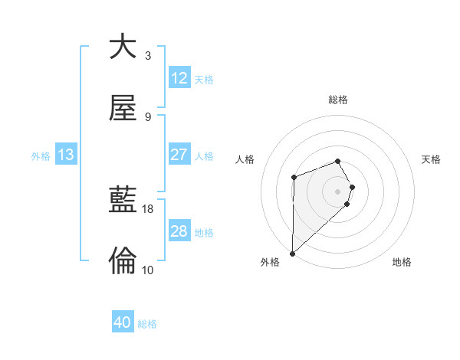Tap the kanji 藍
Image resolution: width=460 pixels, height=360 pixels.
(123, 200)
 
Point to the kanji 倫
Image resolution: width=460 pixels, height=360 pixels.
(123, 261)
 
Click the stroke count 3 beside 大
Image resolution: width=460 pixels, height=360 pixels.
(148, 56)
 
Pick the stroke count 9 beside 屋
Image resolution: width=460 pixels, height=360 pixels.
(148, 117)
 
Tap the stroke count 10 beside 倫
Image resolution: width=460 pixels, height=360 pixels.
(148, 270)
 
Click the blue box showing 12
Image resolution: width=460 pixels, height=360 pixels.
(179, 77)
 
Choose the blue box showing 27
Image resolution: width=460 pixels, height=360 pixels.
(179, 155)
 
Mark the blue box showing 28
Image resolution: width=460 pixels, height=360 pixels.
(179, 231)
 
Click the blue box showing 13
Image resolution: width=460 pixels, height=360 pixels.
(66, 155)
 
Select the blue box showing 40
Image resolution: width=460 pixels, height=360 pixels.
(123, 322)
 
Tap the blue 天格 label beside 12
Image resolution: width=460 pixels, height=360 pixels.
(204, 79)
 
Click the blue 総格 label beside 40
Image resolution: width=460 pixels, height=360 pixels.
(148, 324)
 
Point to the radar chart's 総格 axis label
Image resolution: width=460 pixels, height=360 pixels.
(338, 100)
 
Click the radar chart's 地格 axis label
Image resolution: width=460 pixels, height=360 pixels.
(402, 262)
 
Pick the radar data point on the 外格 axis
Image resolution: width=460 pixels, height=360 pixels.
(292, 253)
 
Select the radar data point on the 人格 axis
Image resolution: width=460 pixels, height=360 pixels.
(294, 178)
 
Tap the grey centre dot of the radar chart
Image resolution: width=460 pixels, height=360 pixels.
(338, 190)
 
